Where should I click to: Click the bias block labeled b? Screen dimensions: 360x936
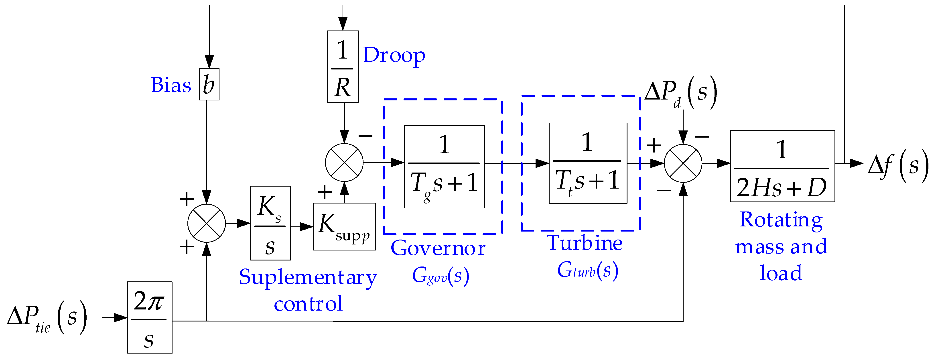point(209,84)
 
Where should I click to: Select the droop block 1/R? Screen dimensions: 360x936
point(343,67)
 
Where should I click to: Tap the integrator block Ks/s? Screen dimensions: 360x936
point(270,223)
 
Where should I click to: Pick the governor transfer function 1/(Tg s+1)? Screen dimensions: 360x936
point(444,167)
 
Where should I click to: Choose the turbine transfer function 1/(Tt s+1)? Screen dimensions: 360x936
point(588,163)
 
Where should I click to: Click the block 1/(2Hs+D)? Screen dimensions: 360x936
point(782,166)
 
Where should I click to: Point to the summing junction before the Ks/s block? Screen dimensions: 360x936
point(206,223)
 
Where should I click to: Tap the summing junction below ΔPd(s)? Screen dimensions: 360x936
point(683,163)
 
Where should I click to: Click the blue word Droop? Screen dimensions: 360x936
point(394,55)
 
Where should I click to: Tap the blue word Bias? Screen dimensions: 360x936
point(171,85)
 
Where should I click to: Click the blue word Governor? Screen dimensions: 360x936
point(438,248)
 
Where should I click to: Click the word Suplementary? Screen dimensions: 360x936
point(308,278)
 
